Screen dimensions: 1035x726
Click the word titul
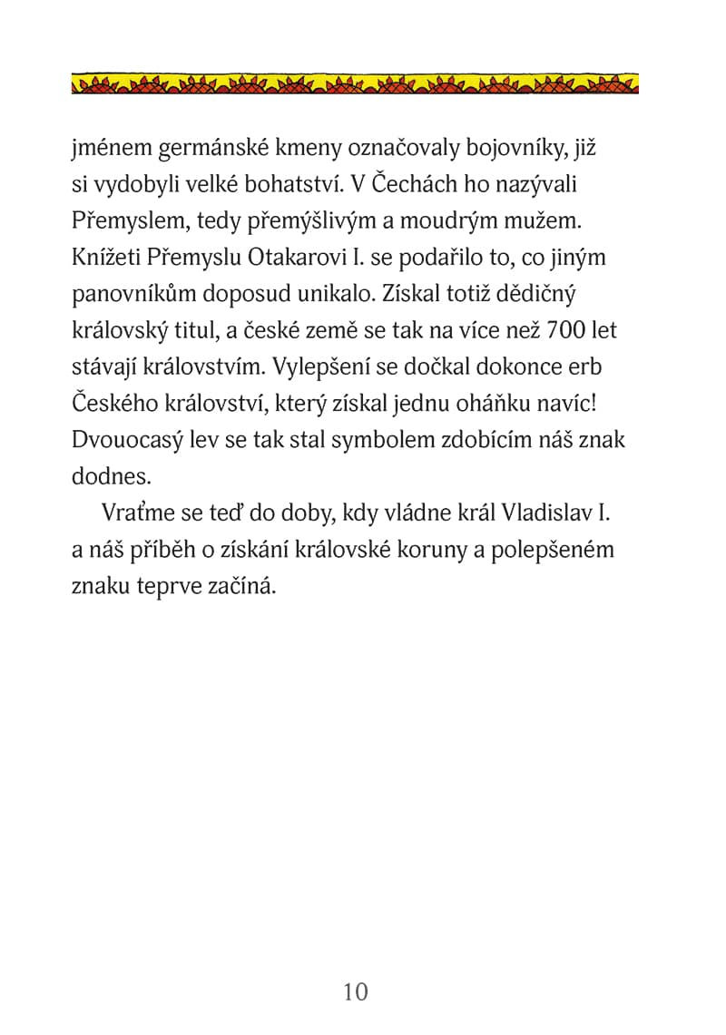coord(248,332)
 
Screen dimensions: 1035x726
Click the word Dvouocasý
coord(123,441)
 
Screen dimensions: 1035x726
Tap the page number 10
coord(357,991)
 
